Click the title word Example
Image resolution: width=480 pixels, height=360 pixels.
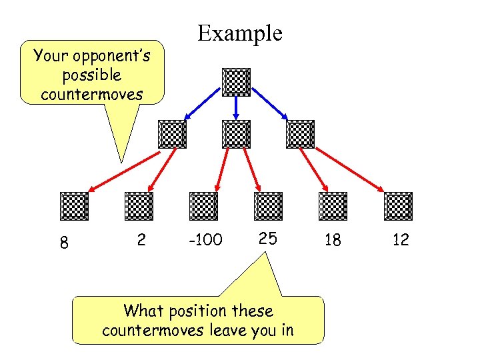click(x=240, y=33)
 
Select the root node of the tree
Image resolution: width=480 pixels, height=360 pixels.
click(x=236, y=82)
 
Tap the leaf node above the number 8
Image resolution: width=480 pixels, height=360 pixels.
click(x=74, y=206)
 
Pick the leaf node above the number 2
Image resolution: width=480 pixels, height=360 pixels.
click(x=139, y=206)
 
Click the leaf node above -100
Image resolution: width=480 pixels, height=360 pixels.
click(x=203, y=206)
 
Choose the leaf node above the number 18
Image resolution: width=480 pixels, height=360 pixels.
click(x=333, y=206)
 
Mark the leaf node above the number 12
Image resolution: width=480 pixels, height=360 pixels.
click(x=398, y=206)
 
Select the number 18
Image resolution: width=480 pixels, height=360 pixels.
click(x=332, y=240)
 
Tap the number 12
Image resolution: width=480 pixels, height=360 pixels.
click(x=401, y=240)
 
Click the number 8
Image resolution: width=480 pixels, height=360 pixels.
click(x=63, y=243)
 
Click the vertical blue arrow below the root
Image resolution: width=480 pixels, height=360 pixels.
click(x=236, y=109)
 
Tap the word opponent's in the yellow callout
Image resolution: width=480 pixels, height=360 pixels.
click(x=111, y=56)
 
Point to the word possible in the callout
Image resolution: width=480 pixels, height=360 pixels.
click(x=91, y=75)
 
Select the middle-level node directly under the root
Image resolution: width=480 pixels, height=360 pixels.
click(x=236, y=134)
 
